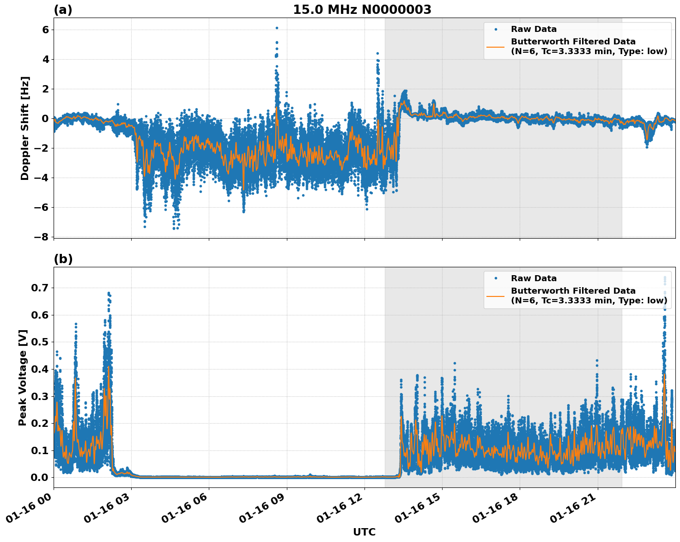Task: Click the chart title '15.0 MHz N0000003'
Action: pos(362,9)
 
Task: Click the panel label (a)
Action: pos(63,10)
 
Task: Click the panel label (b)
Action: pos(63,259)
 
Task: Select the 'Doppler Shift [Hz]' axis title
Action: pos(25,128)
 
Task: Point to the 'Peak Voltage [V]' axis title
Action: pos(23,377)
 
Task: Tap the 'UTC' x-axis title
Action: pos(364,532)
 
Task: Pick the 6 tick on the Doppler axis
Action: pos(45,30)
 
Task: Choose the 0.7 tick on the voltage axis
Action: pos(40,288)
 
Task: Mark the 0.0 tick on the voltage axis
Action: pos(40,477)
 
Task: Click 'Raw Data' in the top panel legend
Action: pos(534,29)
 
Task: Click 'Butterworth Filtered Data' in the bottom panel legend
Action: pos(573,291)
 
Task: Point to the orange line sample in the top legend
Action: pos(496,46)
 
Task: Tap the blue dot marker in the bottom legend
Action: pos(496,278)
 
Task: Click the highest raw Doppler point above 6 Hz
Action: pos(277,28)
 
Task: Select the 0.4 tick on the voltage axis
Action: pos(40,369)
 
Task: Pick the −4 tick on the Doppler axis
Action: pos(41,178)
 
